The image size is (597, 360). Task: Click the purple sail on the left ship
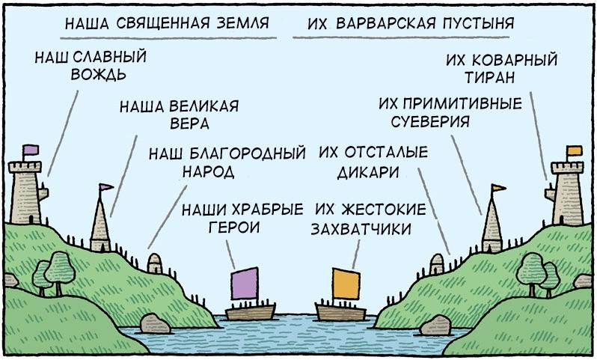tap(245, 284)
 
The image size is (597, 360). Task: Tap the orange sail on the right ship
tap(346, 284)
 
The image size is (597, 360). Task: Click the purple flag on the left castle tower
tap(31, 150)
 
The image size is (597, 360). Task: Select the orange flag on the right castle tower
tap(574, 151)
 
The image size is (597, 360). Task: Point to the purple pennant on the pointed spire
tap(105, 187)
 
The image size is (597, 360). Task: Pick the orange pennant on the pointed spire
tap(498, 188)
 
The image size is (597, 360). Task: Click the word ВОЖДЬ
tap(98, 74)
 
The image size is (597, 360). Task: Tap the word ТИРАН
tap(489, 77)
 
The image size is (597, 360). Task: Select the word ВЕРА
tap(189, 123)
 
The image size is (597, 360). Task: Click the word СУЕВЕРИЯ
tap(430, 121)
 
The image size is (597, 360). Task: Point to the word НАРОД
tap(208, 171)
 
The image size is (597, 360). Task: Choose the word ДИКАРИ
tap(368, 173)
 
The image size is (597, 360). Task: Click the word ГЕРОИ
tap(234, 228)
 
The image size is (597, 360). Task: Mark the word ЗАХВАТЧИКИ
tap(361, 228)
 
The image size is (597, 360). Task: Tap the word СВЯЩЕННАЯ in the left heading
tap(163, 23)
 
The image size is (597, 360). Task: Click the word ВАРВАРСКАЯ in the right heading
tap(386, 23)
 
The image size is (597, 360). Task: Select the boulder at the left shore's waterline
tap(155, 324)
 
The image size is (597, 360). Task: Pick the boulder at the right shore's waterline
tap(435, 325)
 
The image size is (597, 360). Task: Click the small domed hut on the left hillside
tap(155, 263)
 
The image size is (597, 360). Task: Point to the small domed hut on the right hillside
tap(437, 264)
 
